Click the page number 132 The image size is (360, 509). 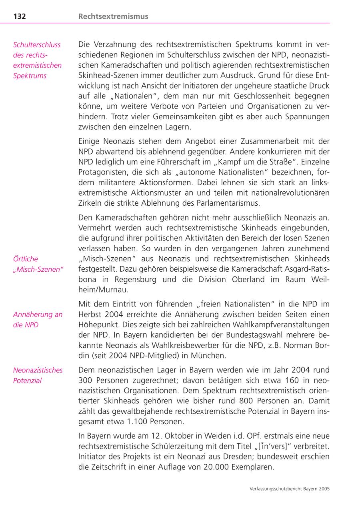(20, 16)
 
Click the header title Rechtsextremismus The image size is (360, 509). (113, 16)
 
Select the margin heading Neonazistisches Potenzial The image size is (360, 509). (38, 375)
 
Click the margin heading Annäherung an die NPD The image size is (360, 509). (38, 319)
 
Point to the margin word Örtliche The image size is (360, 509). (26, 259)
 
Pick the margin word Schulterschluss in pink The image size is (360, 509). (37, 45)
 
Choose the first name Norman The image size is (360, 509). (298, 345)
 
